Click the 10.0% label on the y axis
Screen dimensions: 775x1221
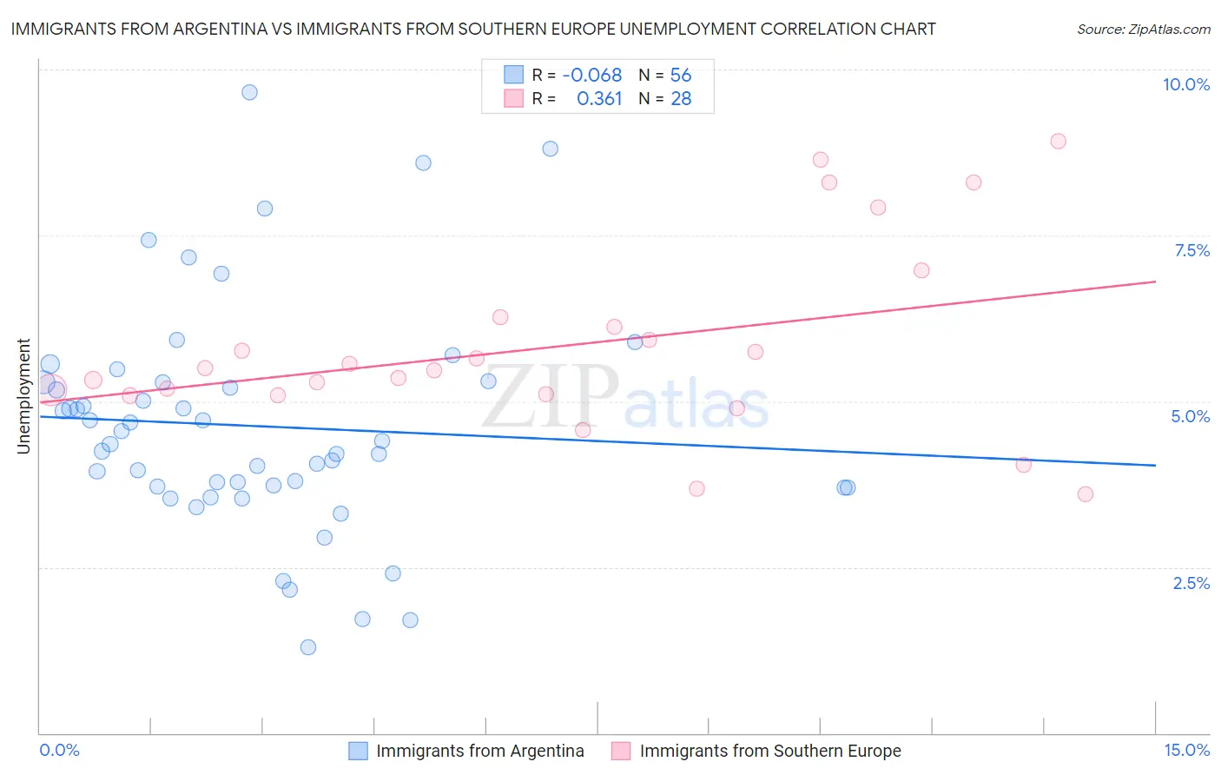pos(1185,84)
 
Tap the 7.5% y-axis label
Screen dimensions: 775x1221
pos(1191,250)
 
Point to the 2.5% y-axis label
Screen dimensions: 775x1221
pos(1191,583)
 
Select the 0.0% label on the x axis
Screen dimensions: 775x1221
pos(59,750)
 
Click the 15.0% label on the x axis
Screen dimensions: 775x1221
pos(1185,750)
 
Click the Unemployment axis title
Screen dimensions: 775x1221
pos(23,396)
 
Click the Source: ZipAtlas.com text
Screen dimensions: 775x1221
pos(1143,29)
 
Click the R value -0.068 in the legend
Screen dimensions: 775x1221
pos(591,76)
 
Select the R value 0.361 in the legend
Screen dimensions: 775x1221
pos(599,99)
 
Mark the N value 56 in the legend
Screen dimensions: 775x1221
pos(681,76)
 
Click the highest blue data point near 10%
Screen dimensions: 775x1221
pos(249,92)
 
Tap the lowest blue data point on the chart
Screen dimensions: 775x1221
pos(307,647)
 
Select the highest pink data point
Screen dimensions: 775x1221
pos(1058,142)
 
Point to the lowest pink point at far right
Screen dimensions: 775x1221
pos(1085,494)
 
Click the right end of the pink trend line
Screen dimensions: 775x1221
pos(1155,282)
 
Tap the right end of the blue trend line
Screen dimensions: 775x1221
pos(1155,465)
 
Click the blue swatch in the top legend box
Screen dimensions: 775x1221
pos(514,76)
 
